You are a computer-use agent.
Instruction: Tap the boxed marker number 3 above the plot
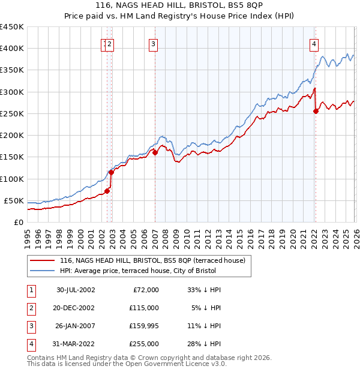(154, 43)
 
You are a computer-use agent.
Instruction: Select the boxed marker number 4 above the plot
(314, 43)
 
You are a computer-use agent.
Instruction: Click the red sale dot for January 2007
(155, 152)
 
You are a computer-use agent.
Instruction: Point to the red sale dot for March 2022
(316, 111)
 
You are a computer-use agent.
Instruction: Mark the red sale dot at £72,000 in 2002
(107, 191)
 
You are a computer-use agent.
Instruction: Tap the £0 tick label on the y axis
(18, 222)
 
